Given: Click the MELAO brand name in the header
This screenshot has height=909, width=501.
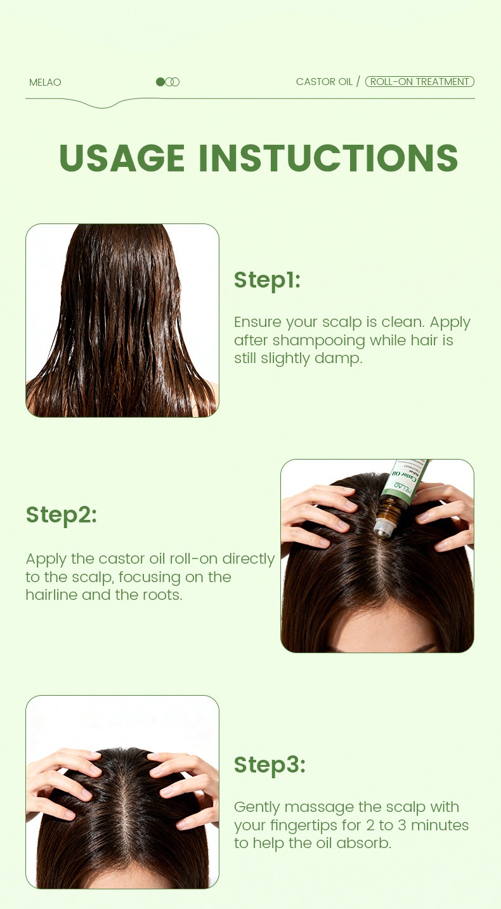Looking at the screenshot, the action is (45, 82).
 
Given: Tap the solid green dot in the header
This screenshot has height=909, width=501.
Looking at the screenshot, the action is (160, 82).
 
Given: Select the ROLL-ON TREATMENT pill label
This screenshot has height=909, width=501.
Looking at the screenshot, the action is (420, 81).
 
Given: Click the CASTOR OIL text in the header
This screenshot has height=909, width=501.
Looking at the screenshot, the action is (324, 81).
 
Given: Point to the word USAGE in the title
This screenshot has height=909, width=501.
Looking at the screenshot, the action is (122, 157).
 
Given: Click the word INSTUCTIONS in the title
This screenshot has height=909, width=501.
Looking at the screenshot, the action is (329, 157).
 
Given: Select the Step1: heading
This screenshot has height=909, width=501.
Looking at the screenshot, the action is (267, 281).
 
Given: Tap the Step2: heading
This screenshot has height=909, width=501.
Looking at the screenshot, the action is (62, 515).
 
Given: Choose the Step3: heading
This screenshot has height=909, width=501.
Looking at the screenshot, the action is (270, 764).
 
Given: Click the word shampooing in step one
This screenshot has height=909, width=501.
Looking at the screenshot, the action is (319, 341).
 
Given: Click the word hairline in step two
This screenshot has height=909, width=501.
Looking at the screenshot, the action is (51, 595).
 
